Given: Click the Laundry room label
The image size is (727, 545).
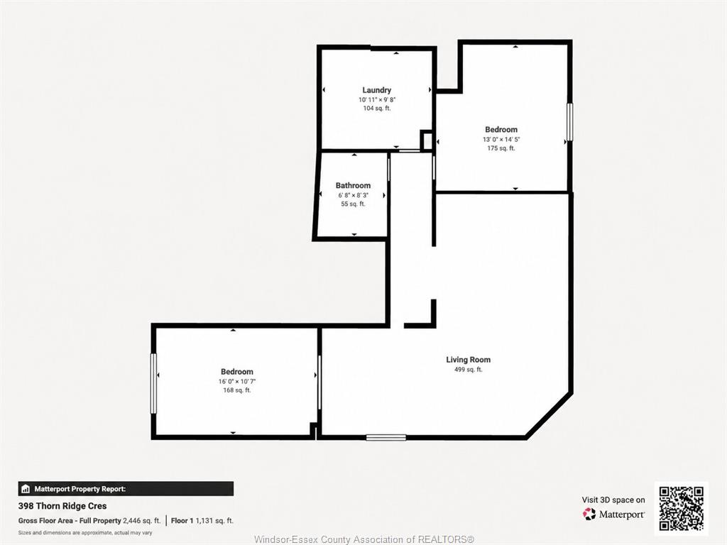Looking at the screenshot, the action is (376, 90).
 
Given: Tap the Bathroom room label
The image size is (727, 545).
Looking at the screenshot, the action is (354, 185).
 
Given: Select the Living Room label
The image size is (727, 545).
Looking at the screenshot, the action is (469, 360).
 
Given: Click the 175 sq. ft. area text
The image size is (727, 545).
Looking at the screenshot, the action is (501, 148).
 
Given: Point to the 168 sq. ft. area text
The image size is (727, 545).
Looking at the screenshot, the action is (237, 390).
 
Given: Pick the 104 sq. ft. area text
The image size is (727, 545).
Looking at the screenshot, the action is (377, 109).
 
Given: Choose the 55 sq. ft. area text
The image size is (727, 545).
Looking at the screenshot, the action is (354, 204).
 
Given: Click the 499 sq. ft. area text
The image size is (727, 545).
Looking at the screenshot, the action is (469, 370).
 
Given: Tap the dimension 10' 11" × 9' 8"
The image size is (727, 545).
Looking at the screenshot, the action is (377, 99).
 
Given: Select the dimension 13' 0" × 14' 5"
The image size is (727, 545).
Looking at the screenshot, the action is (501, 140).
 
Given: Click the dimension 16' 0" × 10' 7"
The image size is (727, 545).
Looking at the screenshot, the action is (237, 381).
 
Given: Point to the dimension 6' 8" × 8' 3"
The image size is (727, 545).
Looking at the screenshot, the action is (354, 195).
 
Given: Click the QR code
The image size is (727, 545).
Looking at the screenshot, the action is (682, 508).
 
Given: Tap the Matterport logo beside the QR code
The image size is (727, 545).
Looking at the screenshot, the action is (613, 514).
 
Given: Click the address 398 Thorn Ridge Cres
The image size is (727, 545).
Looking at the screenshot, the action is (62, 506).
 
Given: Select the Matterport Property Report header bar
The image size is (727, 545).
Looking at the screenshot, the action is (126, 489).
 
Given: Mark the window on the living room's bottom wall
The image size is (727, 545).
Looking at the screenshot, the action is (386, 437).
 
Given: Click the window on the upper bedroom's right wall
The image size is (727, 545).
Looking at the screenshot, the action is (570, 122).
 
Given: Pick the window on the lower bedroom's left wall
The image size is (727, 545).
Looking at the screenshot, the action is (153, 384).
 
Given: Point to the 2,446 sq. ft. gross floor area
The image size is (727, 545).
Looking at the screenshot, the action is (142, 521).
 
